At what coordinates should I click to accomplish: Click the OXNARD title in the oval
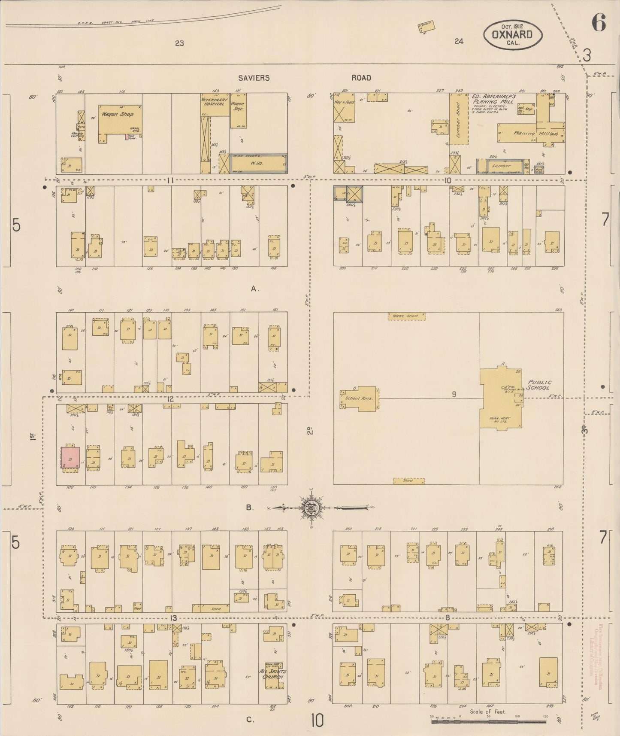pyautogui.click(x=512, y=34)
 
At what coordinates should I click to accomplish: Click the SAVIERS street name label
pyautogui.click(x=254, y=78)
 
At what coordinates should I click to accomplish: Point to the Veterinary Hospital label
pyautogui.click(x=215, y=101)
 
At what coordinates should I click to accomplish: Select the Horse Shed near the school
pyautogui.click(x=406, y=316)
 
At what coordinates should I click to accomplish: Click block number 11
pyautogui.click(x=170, y=181)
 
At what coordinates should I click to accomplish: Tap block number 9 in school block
pyautogui.click(x=454, y=394)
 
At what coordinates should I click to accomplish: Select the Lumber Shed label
pyautogui.click(x=458, y=120)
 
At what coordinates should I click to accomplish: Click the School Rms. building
pyautogui.click(x=359, y=398)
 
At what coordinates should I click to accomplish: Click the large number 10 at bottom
pyautogui.click(x=317, y=721)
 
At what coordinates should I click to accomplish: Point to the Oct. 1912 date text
pyautogui.click(x=512, y=25)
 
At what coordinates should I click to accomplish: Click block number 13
pyautogui.click(x=173, y=618)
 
